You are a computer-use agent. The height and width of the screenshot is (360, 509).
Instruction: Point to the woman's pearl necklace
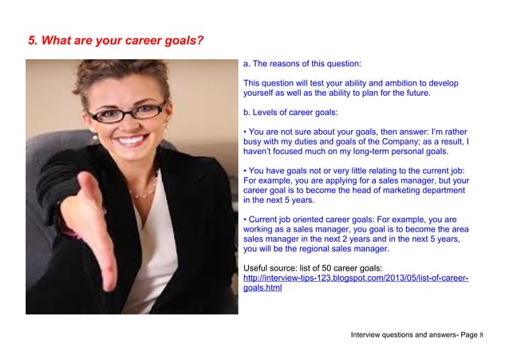(144, 192)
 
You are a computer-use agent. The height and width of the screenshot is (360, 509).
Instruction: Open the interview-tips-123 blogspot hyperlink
(355, 278)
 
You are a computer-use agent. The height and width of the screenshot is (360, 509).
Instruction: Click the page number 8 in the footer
(482, 334)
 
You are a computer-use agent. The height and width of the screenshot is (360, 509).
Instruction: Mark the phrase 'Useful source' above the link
(269, 267)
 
